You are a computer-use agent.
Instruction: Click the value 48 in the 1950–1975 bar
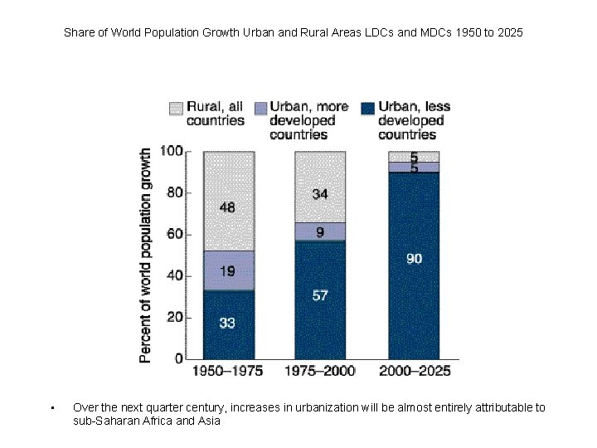[226, 207]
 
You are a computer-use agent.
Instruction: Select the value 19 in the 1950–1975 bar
[226, 270]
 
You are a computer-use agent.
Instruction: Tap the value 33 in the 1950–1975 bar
[226, 323]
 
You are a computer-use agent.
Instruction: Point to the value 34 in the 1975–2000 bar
[320, 194]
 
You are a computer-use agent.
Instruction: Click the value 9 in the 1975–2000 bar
[320, 232]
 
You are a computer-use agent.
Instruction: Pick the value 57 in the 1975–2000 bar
[320, 296]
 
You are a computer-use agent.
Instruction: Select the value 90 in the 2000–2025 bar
[414, 259]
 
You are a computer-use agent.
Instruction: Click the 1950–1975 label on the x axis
[227, 371]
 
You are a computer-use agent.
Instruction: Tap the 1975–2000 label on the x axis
[320, 371]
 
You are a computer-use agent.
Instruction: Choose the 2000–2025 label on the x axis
[415, 371]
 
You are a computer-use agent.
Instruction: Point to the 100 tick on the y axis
[172, 151]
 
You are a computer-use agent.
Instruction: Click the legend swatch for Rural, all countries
[176, 108]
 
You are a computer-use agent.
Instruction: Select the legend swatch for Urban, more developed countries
[260, 108]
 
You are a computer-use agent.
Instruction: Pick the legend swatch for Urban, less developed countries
[367, 108]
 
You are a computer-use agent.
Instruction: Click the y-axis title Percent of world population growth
[145, 256]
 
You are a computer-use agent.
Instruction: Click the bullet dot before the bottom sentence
[51, 407]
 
